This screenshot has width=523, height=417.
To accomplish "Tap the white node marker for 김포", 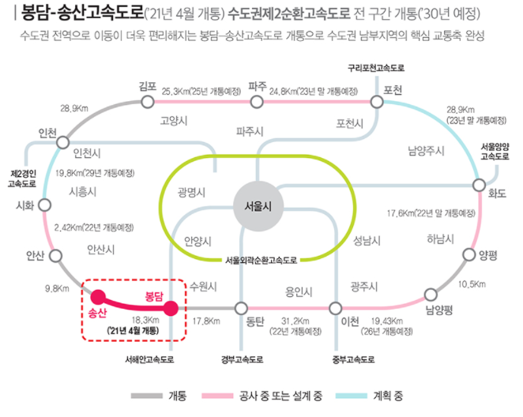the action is (148, 101).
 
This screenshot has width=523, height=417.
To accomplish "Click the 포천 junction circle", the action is (374, 101).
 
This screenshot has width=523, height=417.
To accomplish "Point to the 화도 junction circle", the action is (480, 185).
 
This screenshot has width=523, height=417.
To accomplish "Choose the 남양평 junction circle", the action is (431, 295).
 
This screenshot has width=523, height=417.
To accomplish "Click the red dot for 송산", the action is (99, 297).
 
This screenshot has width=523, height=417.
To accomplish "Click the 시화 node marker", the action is (45, 205).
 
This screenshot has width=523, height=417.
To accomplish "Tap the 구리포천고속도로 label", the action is (376, 69).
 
